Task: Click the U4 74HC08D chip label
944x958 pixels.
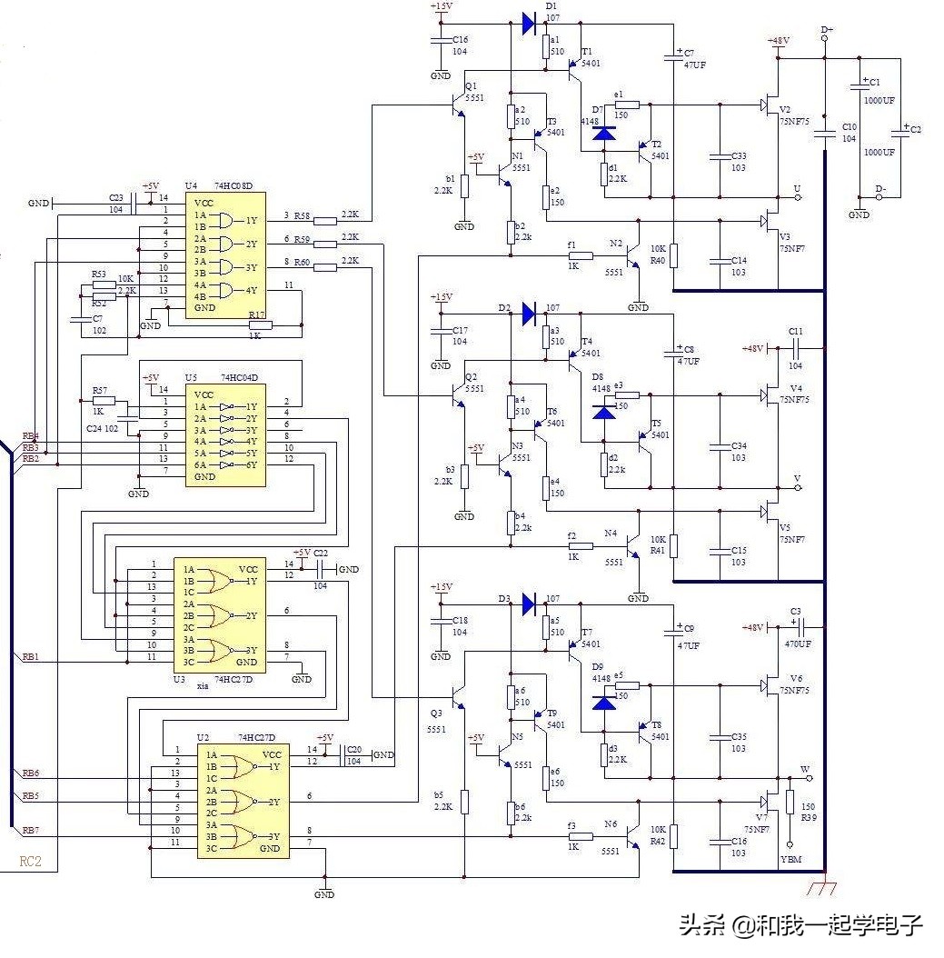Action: coord(219,186)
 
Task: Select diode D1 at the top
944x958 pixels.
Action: coord(529,25)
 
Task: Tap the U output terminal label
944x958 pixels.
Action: coord(797,189)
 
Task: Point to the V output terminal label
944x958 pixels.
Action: coord(797,478)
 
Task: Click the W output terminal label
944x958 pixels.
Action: coord(804,769)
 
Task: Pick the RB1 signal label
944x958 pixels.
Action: coord(31,656)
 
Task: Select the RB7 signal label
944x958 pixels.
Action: coord(31,831)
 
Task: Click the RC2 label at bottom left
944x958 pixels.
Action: coord(31,861)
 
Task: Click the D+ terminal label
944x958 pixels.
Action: coord(827,30)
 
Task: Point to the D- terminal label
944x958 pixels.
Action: coord(879,189)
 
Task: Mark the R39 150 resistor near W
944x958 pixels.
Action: coord(790,802)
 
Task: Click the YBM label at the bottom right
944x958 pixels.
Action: coord(790,859)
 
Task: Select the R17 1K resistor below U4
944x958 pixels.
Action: coord(260,324)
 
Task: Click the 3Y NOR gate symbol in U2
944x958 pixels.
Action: coord(239,836)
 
